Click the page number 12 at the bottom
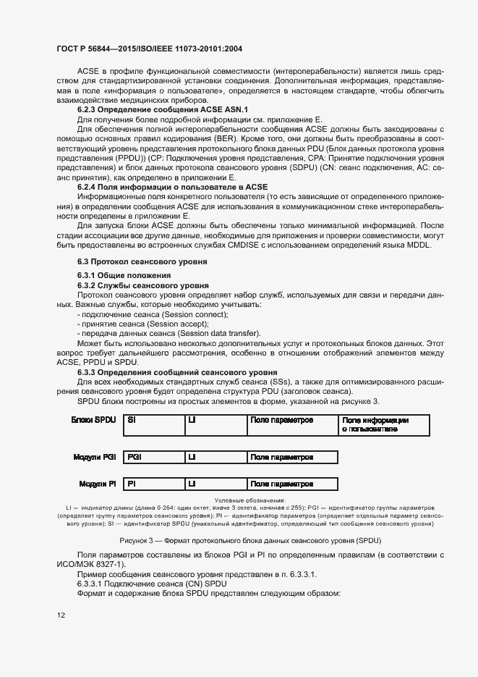61,615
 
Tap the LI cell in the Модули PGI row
215,457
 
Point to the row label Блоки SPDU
93,420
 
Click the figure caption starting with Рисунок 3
250,541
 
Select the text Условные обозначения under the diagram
250,500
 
